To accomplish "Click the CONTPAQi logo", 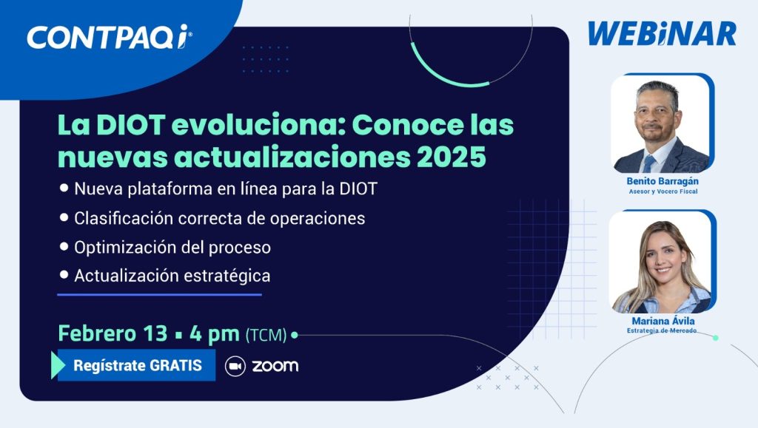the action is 110,37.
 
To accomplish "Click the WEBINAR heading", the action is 662,34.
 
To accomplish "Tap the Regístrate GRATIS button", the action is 136,365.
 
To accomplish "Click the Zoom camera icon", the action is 235,366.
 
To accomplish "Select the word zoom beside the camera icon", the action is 275,366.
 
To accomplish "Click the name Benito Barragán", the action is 663,181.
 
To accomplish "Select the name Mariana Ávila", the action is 663,321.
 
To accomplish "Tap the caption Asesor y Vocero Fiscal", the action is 663,191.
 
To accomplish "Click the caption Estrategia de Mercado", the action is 662,330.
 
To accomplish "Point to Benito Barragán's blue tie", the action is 648,164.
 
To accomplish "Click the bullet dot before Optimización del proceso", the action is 64,247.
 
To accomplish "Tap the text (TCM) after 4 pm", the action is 266,335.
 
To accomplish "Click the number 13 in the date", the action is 155,333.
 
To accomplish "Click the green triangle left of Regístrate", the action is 58,365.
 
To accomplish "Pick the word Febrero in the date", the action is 97,333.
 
